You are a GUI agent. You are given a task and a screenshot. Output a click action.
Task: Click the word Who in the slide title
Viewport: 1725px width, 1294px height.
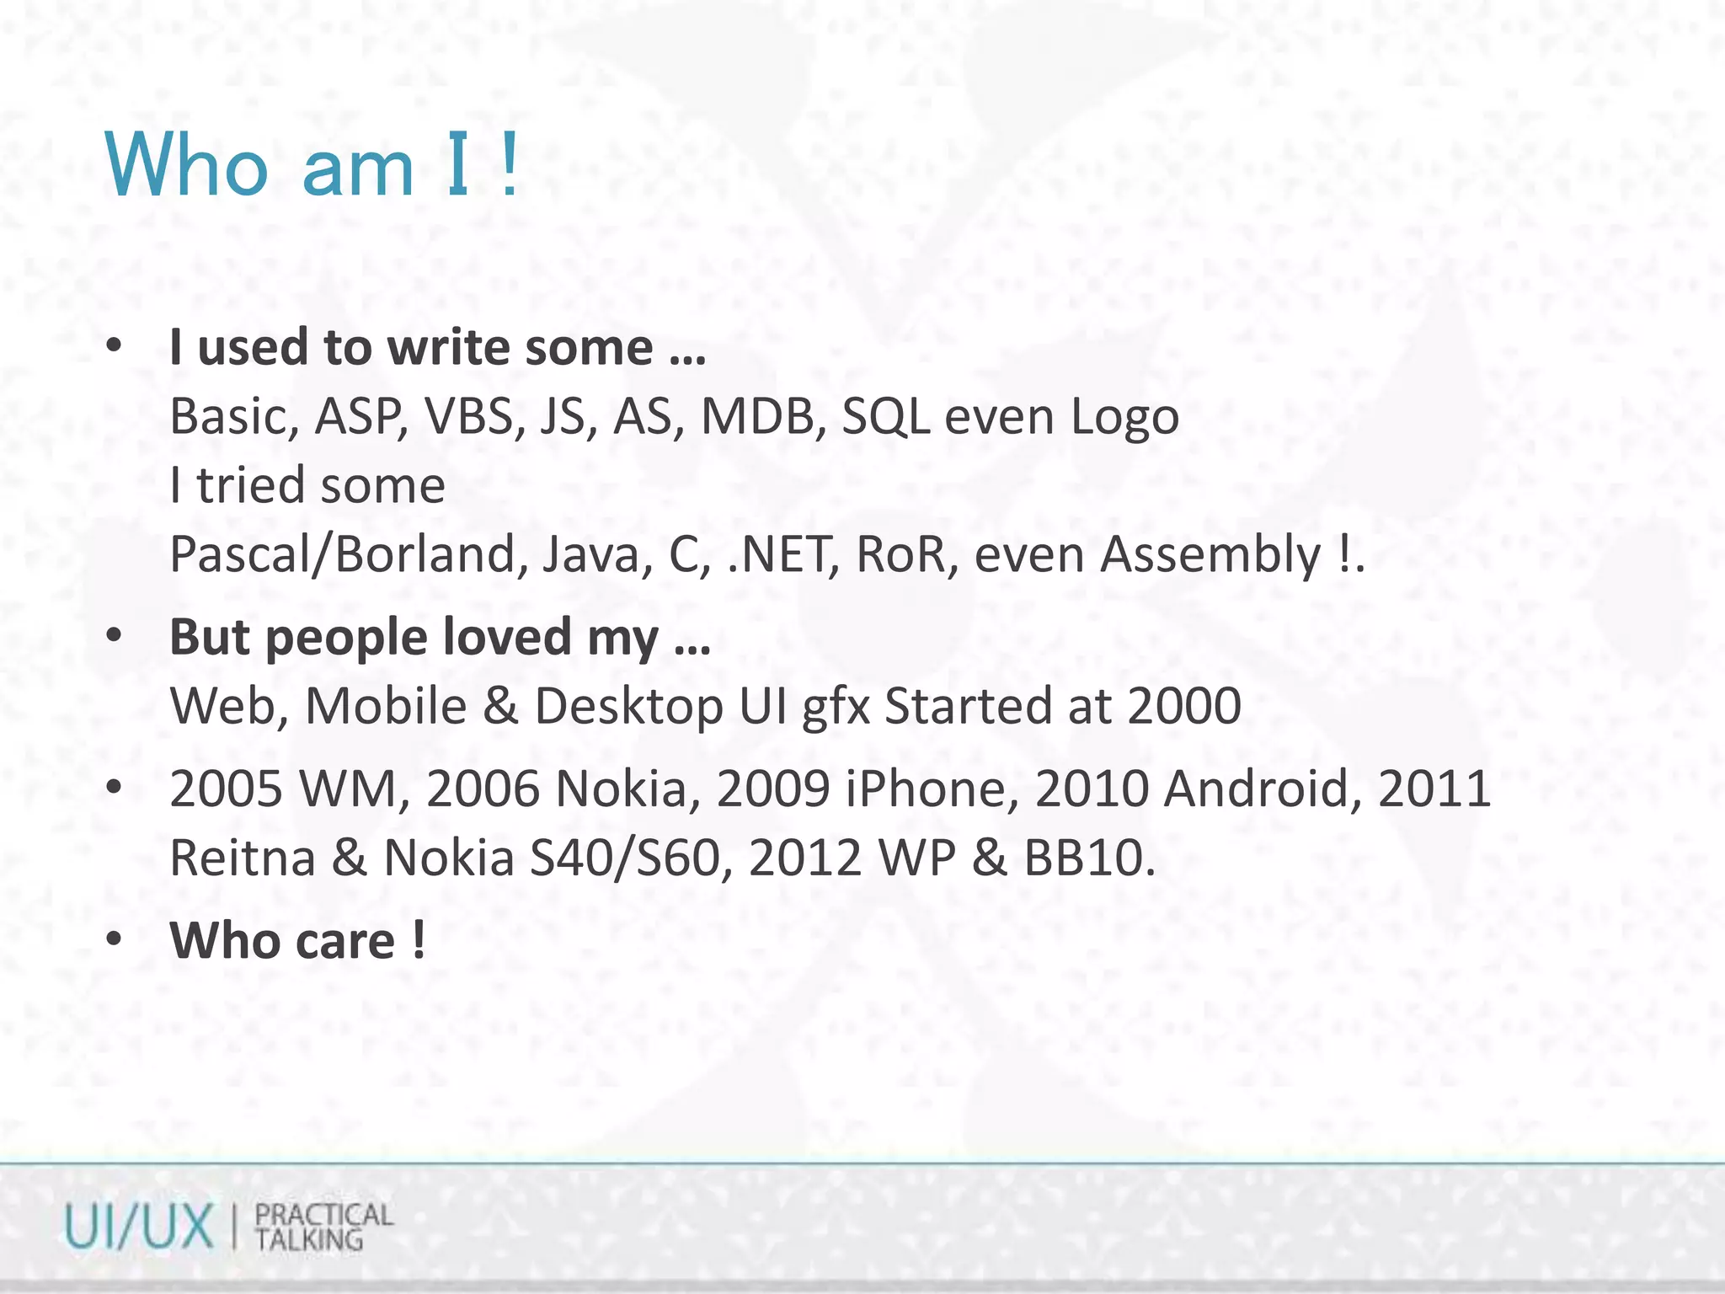coord(186,165)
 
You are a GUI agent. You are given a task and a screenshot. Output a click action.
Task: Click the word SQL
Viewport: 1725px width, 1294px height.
coord(885,416)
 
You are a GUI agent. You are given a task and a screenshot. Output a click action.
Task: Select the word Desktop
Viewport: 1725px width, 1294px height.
coord(628,705)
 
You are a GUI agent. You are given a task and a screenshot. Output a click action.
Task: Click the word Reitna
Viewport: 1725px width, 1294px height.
coord(243,858)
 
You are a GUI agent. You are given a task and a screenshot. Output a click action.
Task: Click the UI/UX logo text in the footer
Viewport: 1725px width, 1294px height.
coord(139,1227)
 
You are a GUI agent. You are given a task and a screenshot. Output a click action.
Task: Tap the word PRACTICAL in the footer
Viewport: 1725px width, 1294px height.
coord(323,1215)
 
